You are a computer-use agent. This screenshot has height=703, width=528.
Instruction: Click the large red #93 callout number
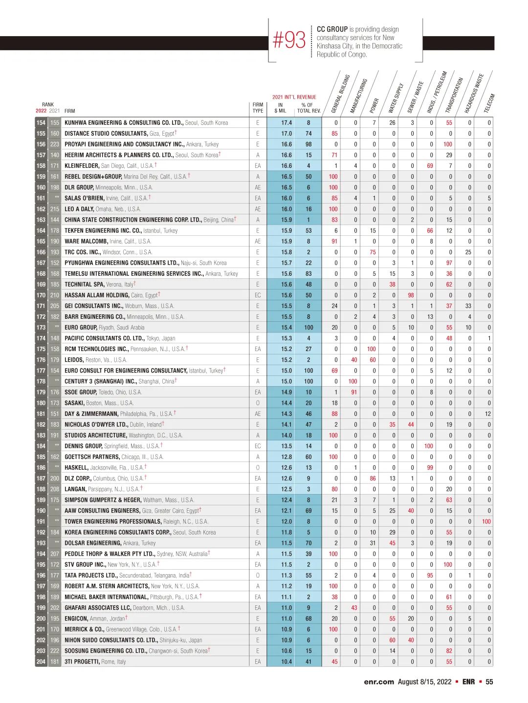[x=289, y=41]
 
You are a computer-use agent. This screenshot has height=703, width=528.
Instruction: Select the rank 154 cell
[x=41, y=123]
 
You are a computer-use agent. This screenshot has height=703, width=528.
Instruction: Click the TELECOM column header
[x=489, y=103]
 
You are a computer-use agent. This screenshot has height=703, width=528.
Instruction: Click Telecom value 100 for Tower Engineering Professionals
[x=486, y=522]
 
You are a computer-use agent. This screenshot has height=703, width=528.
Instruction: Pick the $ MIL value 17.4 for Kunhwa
[x=286, y=123]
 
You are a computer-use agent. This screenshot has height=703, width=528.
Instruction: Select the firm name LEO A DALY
[x=79, y=209]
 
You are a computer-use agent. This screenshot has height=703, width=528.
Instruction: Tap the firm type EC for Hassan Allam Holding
[x=258, y=295]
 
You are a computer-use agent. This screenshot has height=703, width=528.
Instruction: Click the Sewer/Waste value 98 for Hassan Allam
[x=411, y=295]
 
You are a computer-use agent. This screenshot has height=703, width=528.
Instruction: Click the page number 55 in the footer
[x=489, y=682]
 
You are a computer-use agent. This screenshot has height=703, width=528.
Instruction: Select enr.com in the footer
[x=378, y=682]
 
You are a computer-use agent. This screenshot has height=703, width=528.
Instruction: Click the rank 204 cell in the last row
[x=41, y=662]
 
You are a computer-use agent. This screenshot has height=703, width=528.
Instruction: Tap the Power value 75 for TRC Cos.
[x=373, y=252]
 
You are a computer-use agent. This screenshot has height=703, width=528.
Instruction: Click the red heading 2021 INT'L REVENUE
[x=294, y=97]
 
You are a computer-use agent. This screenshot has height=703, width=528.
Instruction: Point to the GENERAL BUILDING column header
[x=340, y=93]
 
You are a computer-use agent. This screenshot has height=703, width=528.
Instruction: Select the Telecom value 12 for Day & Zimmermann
[x=488, y=414]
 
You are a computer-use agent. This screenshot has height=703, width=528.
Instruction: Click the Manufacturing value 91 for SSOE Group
[x=354, y=393]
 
